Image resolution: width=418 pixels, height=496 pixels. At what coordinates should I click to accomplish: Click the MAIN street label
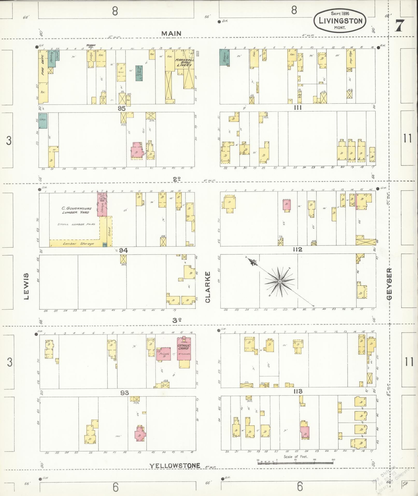coord(171,33)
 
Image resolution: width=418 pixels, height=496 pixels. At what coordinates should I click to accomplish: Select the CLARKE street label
coord(208,287)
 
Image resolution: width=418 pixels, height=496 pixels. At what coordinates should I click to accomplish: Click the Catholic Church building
coord(184,348)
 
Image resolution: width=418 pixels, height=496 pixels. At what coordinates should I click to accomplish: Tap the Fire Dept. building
coord(43,68)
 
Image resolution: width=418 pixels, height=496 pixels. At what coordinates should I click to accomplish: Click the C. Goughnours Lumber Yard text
coord(75,210)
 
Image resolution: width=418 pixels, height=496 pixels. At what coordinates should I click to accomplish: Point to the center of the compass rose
coord(280,282)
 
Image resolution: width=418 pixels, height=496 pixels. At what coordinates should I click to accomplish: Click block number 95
coord(122,108)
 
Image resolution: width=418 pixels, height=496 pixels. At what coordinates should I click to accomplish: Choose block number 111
coord(298,108)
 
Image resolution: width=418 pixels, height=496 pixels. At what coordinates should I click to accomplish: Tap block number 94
coord(124,250)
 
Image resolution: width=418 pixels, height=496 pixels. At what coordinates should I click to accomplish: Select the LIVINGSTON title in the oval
coord(341,21)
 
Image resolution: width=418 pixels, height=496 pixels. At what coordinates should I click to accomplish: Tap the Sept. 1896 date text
coord(340,13)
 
